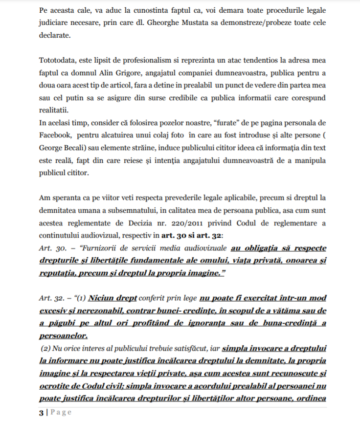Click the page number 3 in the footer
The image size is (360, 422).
coord(41,412)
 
